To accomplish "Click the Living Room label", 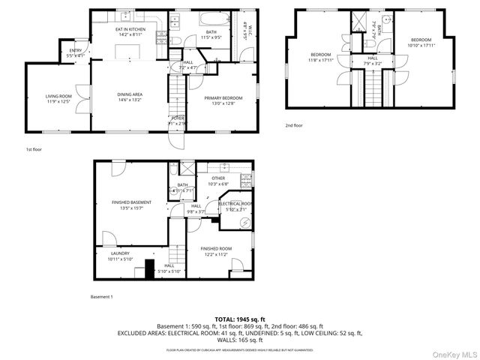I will [x=58, y=96].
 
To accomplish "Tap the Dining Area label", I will [x=130, y=94].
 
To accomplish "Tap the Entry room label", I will [x=76, y=51].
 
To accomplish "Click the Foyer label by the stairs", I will [x=178, y=118].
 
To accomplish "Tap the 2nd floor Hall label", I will [x=372, y=58].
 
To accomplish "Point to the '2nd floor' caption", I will [x=294, y=125].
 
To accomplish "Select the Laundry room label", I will [x=119, y=253].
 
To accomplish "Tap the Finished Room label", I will [x=215, y=248].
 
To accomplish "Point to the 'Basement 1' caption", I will [x=102, y=297].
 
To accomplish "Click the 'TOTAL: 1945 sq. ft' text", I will [x=239, y=319].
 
